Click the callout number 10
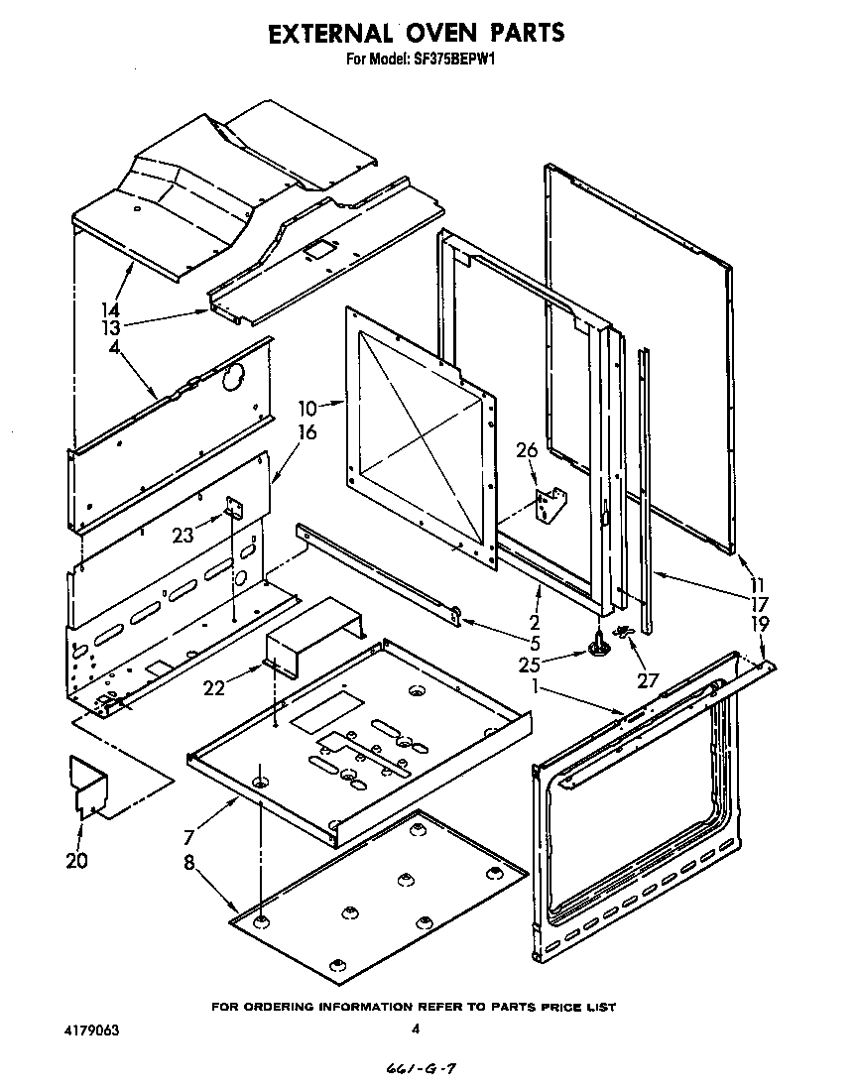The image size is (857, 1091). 306,408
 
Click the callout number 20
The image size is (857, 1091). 77,861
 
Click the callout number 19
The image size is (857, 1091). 759,624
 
